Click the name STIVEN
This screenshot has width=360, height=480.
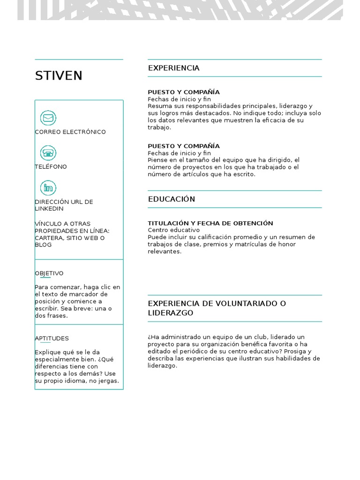[x=59, y=75]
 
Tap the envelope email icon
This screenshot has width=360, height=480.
[x=48, y=118]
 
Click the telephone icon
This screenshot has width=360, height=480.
[x=48, y=153]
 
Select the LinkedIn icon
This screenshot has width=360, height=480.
[x=48, y=188]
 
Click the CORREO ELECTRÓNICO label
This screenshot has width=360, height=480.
[x=70, y=132]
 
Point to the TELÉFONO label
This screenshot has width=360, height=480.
[x=51, y=166]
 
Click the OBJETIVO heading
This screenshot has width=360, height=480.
[x=49, y=273]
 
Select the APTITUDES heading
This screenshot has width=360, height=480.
[x=52, y=338]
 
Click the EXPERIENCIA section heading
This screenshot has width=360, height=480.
[x=173, y=68]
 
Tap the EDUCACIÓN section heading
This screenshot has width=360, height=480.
[x=172, y=199]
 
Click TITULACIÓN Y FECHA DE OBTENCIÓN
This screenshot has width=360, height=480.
[x=210, y=223]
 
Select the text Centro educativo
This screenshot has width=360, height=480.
[x=173, y=230]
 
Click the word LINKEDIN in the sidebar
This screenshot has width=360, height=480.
[x=49, y=209]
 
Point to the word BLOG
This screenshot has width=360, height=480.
[x=43, y=245]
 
